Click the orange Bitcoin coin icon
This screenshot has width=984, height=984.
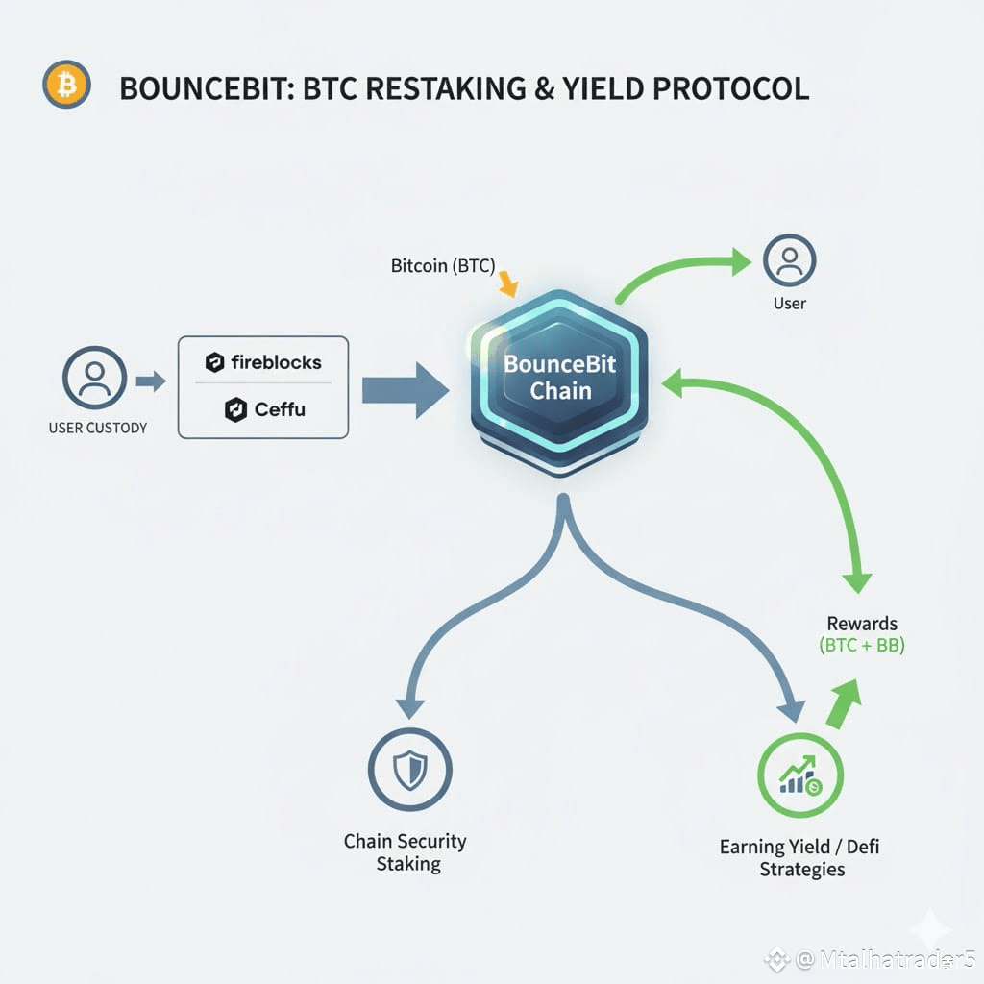pyautogui.click(x=66, y=85)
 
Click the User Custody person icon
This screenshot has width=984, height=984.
pyautogui.click(x=94, y=378)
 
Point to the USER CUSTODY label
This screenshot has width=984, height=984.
pyautogui.click(x=98, y=427)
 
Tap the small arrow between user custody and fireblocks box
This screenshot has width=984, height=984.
pyautogui.click(x=151, y=381)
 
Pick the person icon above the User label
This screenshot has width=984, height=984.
pyautogui.click(x=789, y=261)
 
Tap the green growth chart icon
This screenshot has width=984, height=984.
pyautogui.click(x=799, y=774)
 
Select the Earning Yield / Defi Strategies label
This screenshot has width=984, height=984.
pyautogui.click(x=800, y=858)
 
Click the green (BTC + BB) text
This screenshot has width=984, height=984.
pyautogui.click(x=862, y=646)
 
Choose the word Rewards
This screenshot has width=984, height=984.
pyautogui.click(x=862, y=624)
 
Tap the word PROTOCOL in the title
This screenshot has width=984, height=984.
pyautogui.click(x=730, y=88)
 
